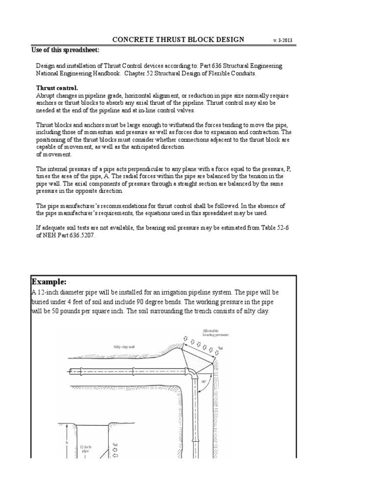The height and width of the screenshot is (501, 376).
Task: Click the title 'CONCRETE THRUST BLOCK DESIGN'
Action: (x=178, y=39)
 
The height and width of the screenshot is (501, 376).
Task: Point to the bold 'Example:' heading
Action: (x=48, y=282)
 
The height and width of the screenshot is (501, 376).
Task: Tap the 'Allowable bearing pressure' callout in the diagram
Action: (x=215, y=333)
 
